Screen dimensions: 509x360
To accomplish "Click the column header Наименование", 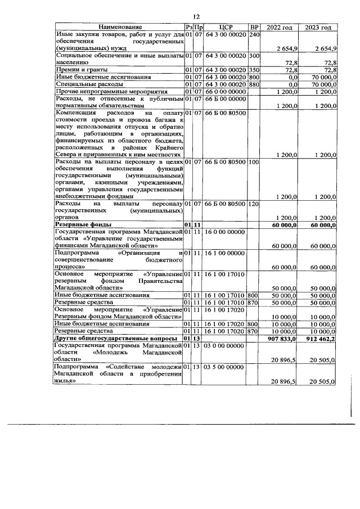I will tap(120, 28).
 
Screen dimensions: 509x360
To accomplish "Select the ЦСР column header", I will tap(224, 28).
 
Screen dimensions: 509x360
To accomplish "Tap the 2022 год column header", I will tap(280, 28).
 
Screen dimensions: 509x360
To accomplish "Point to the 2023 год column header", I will tap(318, 28).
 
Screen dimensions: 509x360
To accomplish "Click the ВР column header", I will tap(254, 28).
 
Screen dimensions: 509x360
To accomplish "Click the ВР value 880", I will tap(253, 84).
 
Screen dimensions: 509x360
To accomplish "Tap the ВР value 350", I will tap(253, 69).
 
